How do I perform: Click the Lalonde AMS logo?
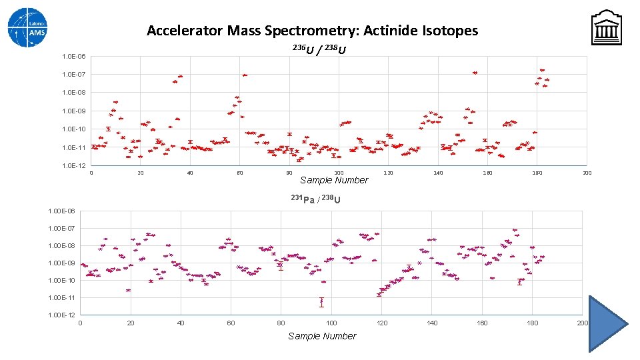pos(27,27)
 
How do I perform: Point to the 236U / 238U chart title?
pos(319,49)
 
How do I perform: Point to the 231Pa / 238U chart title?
pos(316,199)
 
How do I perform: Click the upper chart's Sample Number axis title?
pos(334,180)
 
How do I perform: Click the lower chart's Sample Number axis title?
pos(322,336)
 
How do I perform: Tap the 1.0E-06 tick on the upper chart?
pos(73,56)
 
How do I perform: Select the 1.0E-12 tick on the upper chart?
pos(73,165)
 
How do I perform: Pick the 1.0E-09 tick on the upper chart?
pos(73,111)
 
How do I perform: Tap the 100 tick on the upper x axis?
pos(339,173)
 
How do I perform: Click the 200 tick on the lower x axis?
pos(582,323)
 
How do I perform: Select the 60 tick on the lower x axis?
pos(231,323)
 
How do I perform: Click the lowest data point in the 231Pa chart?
pos(321,302)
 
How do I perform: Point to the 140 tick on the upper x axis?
pos(438,173)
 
